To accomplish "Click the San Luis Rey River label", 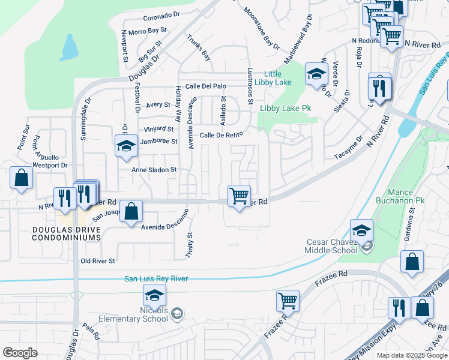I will pyautogui.click(x=156, y=278).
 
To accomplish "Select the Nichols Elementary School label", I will pyautogui.click(x=139, y=314).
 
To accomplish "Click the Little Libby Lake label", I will pyautogui.click(x=273, y=78).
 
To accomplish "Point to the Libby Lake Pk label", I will pyautogui.click(x=286, y=108).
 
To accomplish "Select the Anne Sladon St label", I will pyautogui.click(x=154, y=170).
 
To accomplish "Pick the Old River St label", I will pyautogui.click(x=98, y=261).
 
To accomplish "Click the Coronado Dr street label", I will pyautogui.click(x=161, y=15).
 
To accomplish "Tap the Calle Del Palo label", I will pyautogui.click(x=205, y=86).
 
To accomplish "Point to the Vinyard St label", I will pyautogui.click(x=158, y=129).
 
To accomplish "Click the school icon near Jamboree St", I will pyautogui.click(x=126, y=145).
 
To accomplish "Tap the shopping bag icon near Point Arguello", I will pyautogui.click(x=22, y=178).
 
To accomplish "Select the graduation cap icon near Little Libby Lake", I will pyautogui.click(x=316, y=74).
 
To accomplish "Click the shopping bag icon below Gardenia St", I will pyautogui.click(x=412, y=262).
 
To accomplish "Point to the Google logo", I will pyautogui.click(x=20, y=353).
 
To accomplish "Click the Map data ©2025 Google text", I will pyautogui.click(x=412, y=355).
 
